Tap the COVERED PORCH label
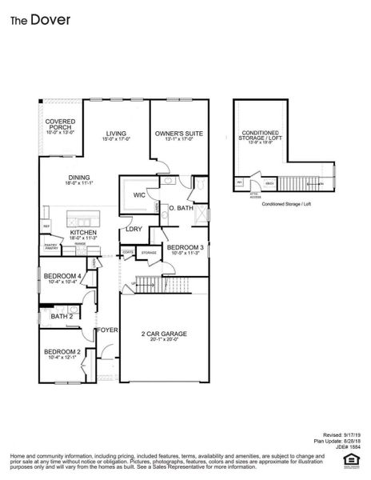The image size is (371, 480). tap(60, 125)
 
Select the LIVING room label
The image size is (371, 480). tap(116, 134)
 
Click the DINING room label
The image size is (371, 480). tap(79, 178)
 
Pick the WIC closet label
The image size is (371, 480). tap(139, 194)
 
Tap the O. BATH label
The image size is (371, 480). tap(181, 208)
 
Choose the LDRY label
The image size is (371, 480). tap(134, 229)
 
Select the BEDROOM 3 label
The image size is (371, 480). tap(185, 248)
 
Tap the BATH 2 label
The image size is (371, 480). tap(62, 316)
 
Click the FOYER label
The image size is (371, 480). tap(107, 330)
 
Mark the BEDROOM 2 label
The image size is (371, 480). tap(61, 352)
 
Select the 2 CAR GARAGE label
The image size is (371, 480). tap(164, 334)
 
